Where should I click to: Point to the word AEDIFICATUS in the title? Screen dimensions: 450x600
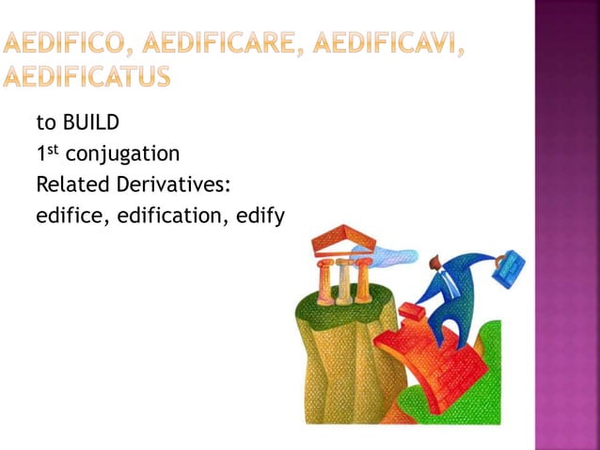click(x=87, y=75)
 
